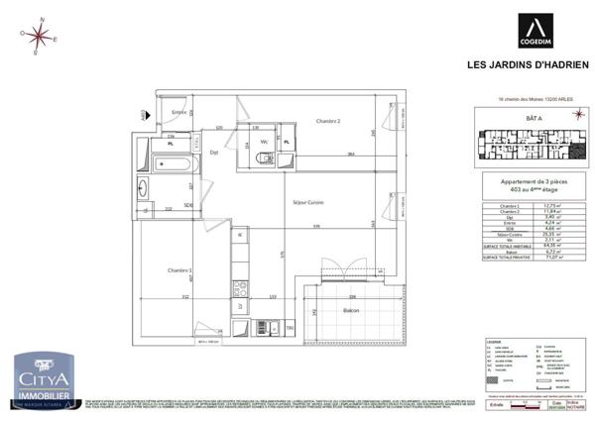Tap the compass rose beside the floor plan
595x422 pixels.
pos(39,36)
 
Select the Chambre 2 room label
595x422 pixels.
pos(328,121)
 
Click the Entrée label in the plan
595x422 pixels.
pos(179,114)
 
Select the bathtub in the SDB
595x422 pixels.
pos(177,161)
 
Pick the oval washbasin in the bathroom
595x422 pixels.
pos(142,189)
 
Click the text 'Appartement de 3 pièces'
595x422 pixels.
pos(526,182)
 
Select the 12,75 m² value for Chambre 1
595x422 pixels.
pos(556,205)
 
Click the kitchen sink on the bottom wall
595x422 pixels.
pos(260,327)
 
